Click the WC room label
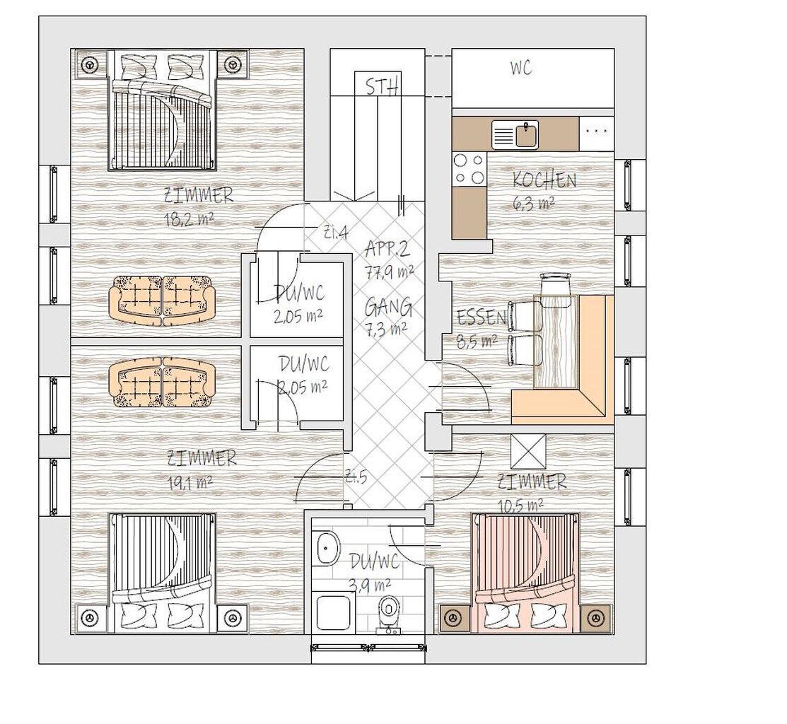point(521,68)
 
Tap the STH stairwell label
point(383,86)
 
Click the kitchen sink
point(515,134)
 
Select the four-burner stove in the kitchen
point(470,169)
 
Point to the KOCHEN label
point(544,180)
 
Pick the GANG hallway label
point(388,307)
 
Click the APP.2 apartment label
point(388,249)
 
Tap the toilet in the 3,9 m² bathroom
point(388,615)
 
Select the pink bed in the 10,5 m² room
point(525,572)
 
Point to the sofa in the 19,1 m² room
point(162,383)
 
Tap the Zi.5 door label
point(356,477)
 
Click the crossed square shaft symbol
point(528,451)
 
